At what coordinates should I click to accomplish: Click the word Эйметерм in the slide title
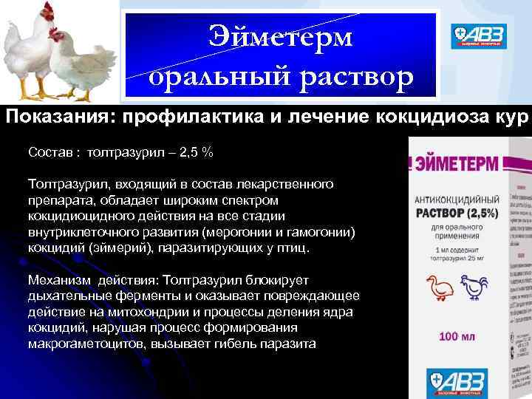pos(281,36)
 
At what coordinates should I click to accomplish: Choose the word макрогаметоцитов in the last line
pos(93,344)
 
